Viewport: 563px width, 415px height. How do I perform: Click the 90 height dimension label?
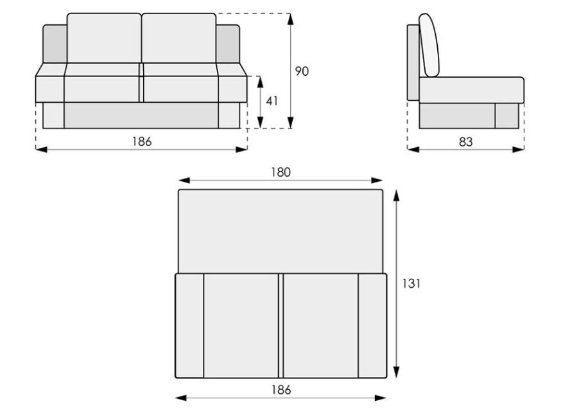coord(302,71)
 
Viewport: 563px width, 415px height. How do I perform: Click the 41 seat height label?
coord(272,102)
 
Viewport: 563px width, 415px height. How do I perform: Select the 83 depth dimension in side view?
coord(465,142)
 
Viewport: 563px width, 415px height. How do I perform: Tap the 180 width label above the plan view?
coord(281,172)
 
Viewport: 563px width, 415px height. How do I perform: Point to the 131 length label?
coord(411,283)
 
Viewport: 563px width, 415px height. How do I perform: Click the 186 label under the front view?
coord(142,141)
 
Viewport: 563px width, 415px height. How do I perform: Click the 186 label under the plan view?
coord(281,389)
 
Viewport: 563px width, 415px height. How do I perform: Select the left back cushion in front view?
coord(104,38)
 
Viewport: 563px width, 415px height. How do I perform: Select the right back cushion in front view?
coord(179,38)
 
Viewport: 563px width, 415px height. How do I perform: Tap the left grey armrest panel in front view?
coord(55,44)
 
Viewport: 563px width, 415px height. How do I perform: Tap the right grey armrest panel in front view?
coord(228,44)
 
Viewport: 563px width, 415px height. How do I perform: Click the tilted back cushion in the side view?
coord(429,45)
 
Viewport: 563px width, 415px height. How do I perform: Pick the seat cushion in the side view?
coord(471,90)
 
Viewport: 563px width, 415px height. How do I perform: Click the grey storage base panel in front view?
coord(141,116)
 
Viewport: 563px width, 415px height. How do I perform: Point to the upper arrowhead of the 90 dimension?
coord(290,19)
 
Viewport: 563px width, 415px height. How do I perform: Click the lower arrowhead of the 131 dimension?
coord(396,372)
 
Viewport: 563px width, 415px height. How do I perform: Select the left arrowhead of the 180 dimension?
coord(184,181)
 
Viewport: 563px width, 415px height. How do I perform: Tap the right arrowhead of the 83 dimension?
coord(518,149)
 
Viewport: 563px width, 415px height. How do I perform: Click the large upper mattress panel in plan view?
coord(281,231)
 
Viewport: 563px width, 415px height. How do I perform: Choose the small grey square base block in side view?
coord(507,116)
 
